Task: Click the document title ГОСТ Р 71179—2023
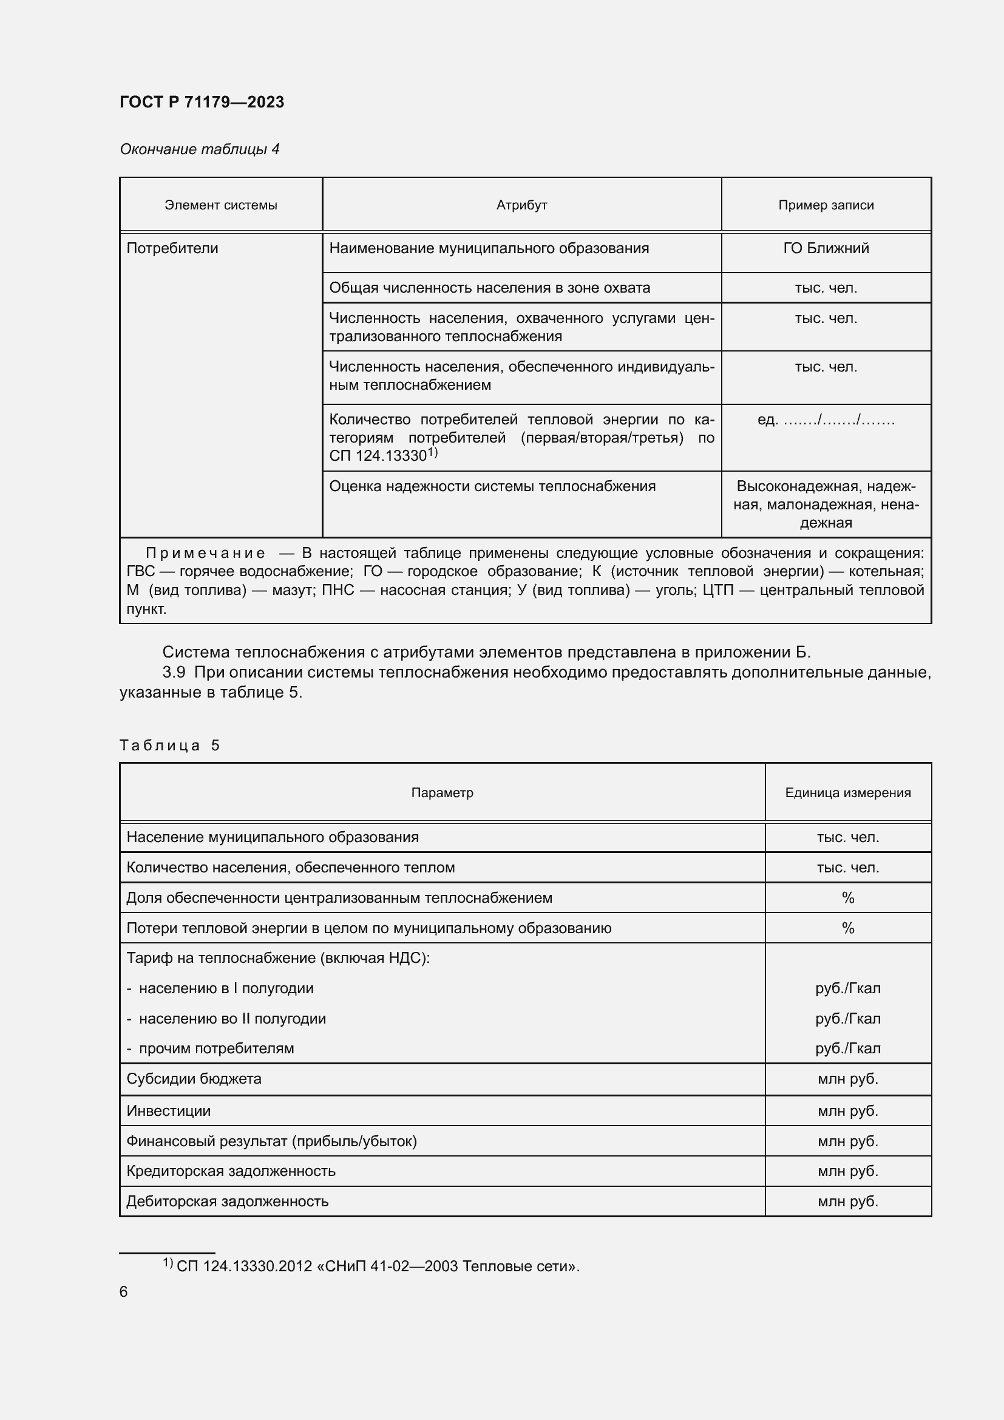(202, 102)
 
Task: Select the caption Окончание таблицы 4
(199, 149)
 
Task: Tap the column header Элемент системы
(221, 205)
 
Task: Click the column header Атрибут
(521, 205)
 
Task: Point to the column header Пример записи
(826, 205)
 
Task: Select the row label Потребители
(172, 249)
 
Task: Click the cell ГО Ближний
(826, 249)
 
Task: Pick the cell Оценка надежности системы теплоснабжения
(492, 486)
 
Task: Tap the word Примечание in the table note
(205, 553)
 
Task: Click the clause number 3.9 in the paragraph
(174, 672)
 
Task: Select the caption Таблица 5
(169, 746)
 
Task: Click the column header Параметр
(442, 793)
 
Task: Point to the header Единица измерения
(847, 793)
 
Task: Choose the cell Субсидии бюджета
(194, 1079)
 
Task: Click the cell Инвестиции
(168, 1111)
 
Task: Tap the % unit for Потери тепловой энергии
(847, 928)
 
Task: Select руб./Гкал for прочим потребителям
(847, 1048)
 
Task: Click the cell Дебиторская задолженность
(227, 1201)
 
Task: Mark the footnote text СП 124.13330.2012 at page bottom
(377, 1266)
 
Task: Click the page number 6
(124, 1291)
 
